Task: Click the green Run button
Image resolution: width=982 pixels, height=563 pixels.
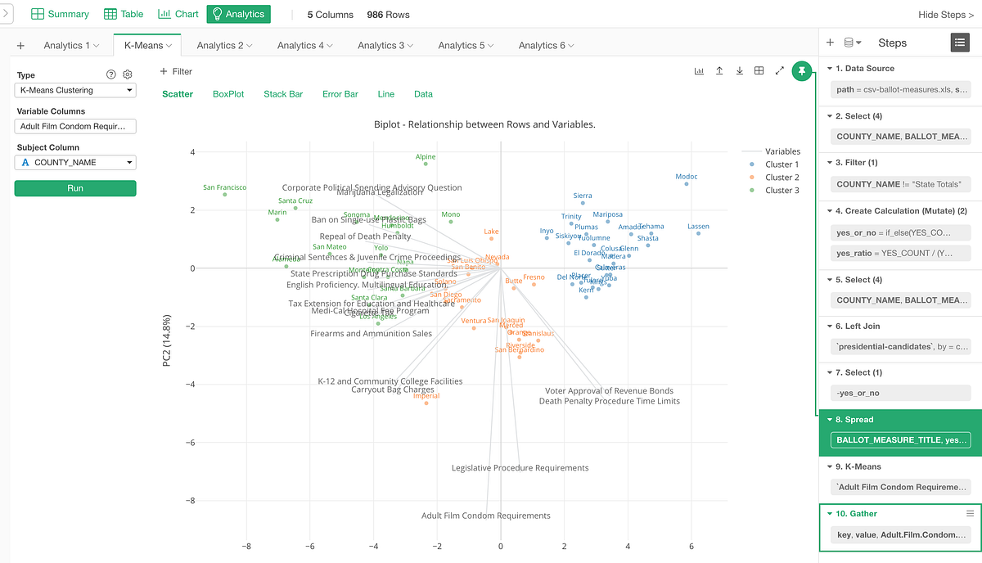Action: pos(75,188)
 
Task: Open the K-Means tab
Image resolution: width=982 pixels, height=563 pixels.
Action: pos(147,46)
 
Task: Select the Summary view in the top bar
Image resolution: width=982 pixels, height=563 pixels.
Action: pos(60,14)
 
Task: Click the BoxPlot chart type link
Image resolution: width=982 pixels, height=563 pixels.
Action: pos(228,94)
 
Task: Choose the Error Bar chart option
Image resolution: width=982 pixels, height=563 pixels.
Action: pos(340,94)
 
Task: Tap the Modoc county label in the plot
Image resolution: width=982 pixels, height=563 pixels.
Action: pos(687,177)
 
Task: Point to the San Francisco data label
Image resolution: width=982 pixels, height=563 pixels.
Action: pos(225,187)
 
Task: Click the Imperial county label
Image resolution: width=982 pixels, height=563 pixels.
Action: pos(426,396)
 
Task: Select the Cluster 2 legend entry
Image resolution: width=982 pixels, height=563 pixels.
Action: pos(782,178)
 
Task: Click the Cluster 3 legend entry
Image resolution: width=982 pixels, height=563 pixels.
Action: pos(782,191)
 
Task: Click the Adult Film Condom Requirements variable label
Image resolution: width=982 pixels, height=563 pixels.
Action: pos(485,516)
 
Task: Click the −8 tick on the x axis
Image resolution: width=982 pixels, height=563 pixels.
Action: pos(246,546)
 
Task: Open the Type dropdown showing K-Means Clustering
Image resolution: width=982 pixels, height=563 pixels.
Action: pos(75,91)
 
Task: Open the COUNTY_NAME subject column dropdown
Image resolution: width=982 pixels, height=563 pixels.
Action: pos(75,163)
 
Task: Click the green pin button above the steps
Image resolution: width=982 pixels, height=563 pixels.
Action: pos(802,71)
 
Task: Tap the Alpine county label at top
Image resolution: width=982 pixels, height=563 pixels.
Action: pos(426,157)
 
